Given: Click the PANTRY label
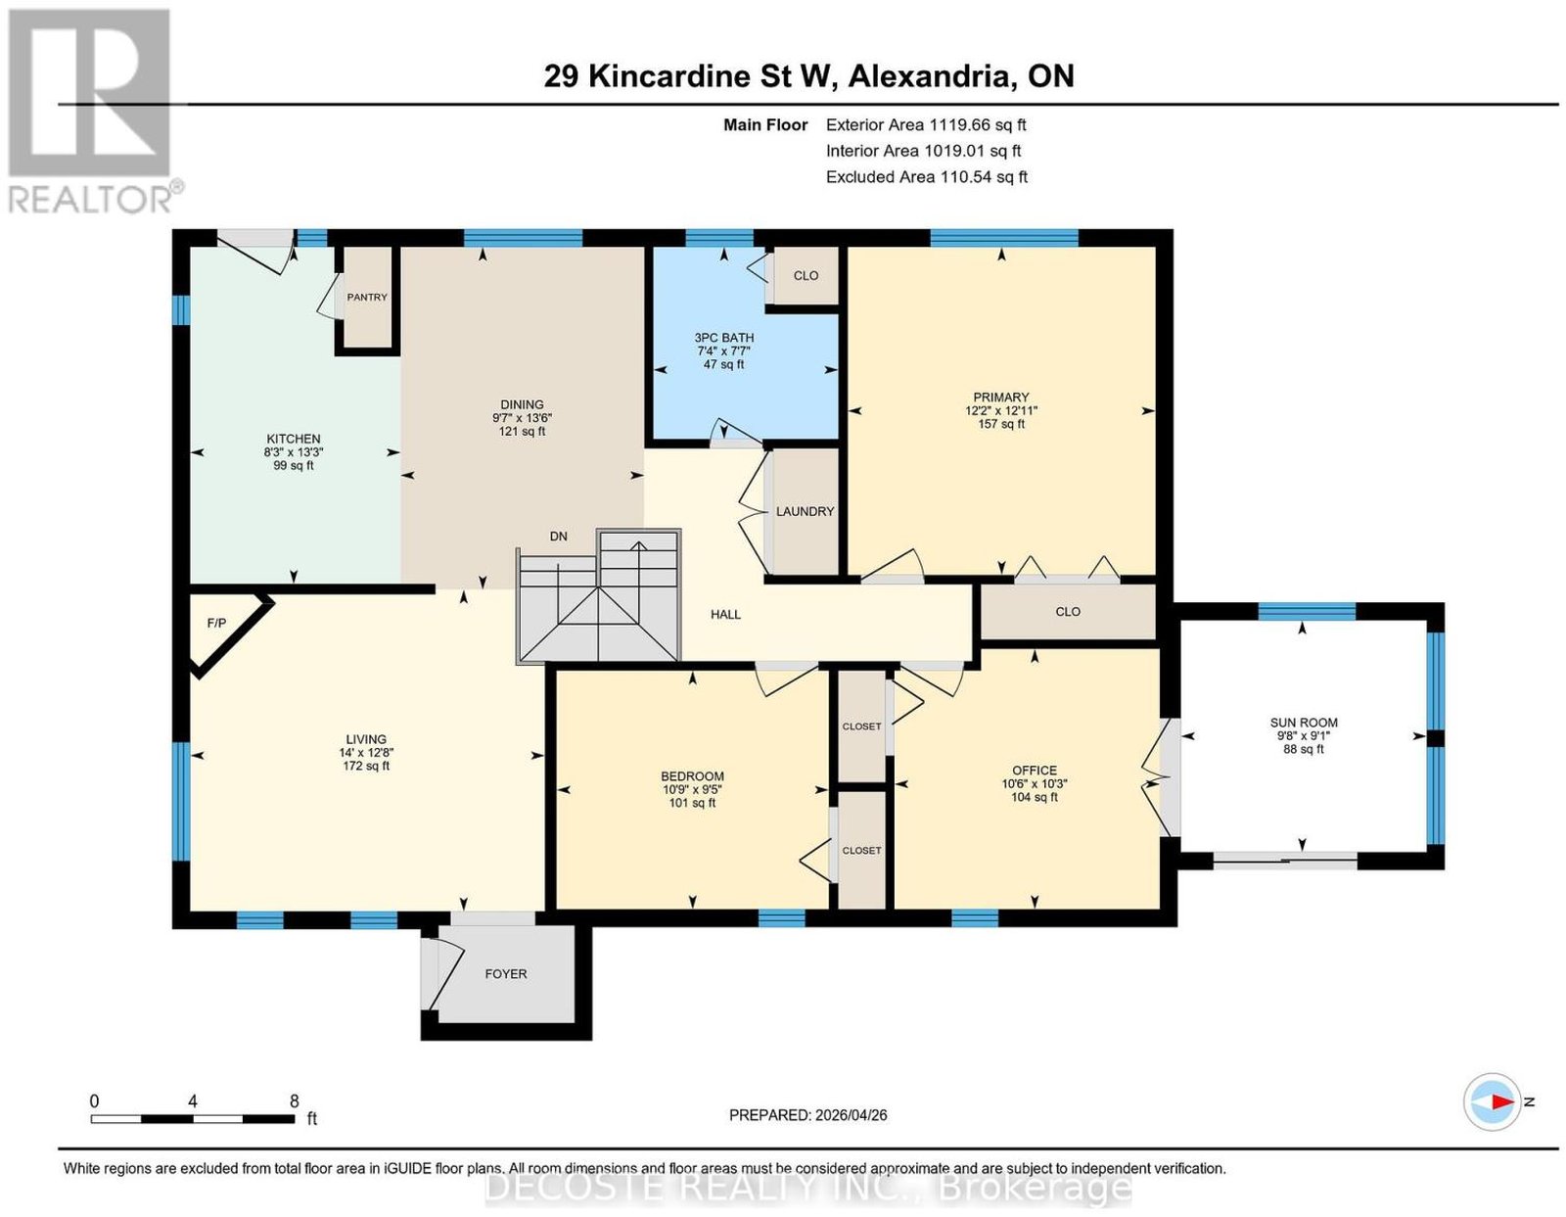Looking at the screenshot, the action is (367, 297).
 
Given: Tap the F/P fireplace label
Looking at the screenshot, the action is (216, 623).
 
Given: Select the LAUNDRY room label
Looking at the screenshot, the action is (805, 511).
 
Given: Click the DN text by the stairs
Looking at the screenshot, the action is (559, 537).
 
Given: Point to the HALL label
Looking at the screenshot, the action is (725, 614).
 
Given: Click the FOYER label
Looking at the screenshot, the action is (506, 973).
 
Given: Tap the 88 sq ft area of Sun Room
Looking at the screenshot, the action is (1304, 749).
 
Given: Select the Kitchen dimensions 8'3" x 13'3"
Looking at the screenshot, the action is (294, 451).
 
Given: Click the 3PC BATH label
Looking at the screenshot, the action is (724, 337).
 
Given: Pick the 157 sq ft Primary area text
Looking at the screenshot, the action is (1001, 424).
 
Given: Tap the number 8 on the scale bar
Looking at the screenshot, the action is (294, 1101).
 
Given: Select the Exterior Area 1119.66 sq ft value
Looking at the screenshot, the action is (977, 124).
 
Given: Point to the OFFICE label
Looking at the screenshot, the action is (1035, 771).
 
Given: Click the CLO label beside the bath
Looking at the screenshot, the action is (806, 275).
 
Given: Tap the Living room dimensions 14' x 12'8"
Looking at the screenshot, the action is (366, 752).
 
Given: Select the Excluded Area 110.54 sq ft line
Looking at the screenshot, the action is (927, 176).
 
